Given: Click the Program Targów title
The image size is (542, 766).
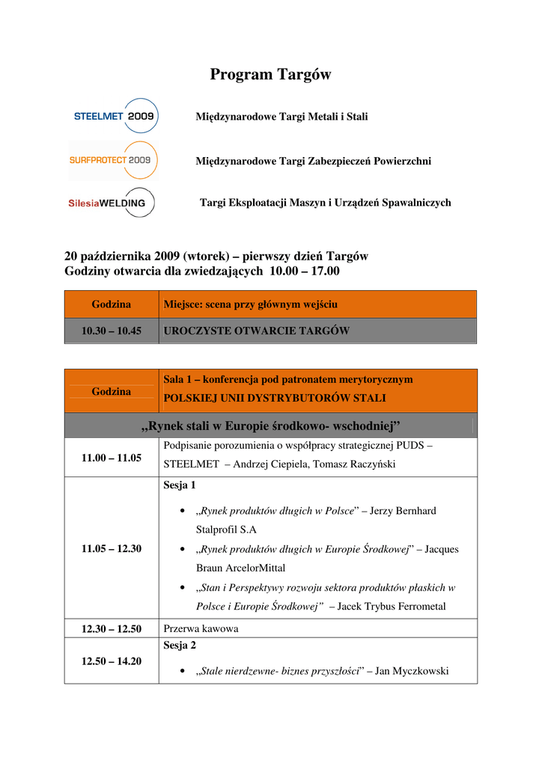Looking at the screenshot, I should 270,75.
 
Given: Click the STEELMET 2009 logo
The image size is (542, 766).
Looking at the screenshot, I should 115,117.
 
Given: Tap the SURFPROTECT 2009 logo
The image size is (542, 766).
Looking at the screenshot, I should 114,160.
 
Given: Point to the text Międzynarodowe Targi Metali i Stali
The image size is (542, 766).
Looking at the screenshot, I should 281,117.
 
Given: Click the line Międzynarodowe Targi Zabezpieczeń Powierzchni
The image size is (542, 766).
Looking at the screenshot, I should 313,161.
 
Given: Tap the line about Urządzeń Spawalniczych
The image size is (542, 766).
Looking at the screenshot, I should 325,203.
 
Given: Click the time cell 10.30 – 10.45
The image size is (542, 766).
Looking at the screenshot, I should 112,331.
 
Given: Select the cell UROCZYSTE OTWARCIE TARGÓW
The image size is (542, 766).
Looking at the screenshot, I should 257,331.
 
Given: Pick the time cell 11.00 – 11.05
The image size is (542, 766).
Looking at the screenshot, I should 112,458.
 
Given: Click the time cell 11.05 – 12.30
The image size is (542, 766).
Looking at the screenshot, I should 112,548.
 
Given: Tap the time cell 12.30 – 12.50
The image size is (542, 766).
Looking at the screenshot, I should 112,628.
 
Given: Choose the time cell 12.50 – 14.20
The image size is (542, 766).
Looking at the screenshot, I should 112,661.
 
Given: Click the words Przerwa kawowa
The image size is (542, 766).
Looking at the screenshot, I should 201,628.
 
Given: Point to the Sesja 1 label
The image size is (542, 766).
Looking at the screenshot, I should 180,485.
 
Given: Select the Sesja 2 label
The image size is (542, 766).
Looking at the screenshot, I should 180,644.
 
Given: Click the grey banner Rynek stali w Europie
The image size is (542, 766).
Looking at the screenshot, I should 270,426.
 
